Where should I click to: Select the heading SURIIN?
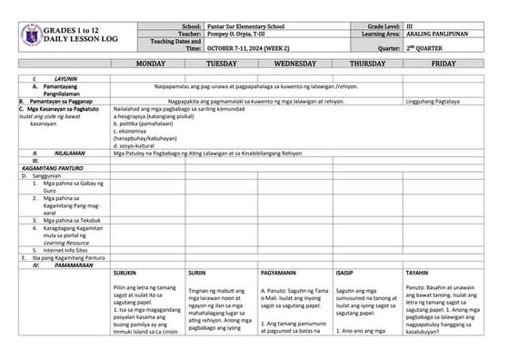click(196, 273)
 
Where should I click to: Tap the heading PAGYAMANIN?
click(277, 273)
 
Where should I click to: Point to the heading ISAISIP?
click(344, 273)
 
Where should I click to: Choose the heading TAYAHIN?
click(417, 273)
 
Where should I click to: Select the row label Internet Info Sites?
click(62, 249)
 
